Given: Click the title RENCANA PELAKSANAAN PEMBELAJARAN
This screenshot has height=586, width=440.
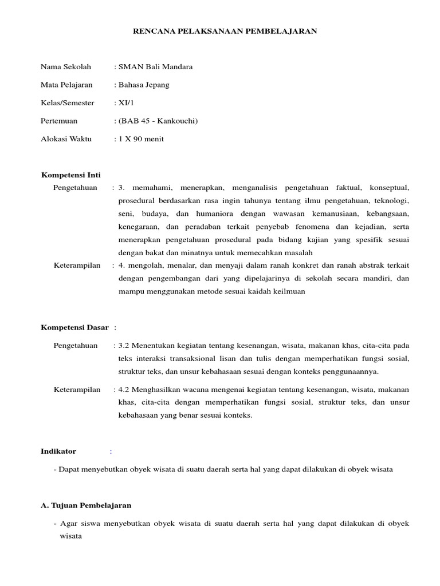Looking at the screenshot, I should (x=225, y=31).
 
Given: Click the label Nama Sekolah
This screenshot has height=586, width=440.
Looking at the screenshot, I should (x=66, y=67).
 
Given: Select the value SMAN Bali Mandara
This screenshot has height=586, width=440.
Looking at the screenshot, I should (x=155, y=67).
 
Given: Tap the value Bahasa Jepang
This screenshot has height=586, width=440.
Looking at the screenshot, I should (x=144, y=85).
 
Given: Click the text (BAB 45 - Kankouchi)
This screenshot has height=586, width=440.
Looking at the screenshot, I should (x=158, y=121).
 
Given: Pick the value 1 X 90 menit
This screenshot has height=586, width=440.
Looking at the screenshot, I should (x=141, y=139).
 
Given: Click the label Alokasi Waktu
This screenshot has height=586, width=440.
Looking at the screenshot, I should (x=66, y=139).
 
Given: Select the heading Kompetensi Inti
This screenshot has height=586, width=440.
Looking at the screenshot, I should (x=71, y=175).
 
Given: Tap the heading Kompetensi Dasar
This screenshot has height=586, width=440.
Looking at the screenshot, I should (x=74, y=327).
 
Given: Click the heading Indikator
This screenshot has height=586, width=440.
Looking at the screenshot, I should (x=58, y=452).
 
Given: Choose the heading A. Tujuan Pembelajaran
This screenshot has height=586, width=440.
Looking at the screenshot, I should (x=87, y=505).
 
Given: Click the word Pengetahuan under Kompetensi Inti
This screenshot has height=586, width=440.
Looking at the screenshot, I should (x=75, y=188).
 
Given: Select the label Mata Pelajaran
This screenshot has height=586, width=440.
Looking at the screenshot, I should (x=66, y=85).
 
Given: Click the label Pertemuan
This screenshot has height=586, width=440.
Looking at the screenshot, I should (x=59, y=121).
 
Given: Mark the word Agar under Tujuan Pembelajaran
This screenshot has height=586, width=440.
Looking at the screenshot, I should (x=68, y=524).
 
